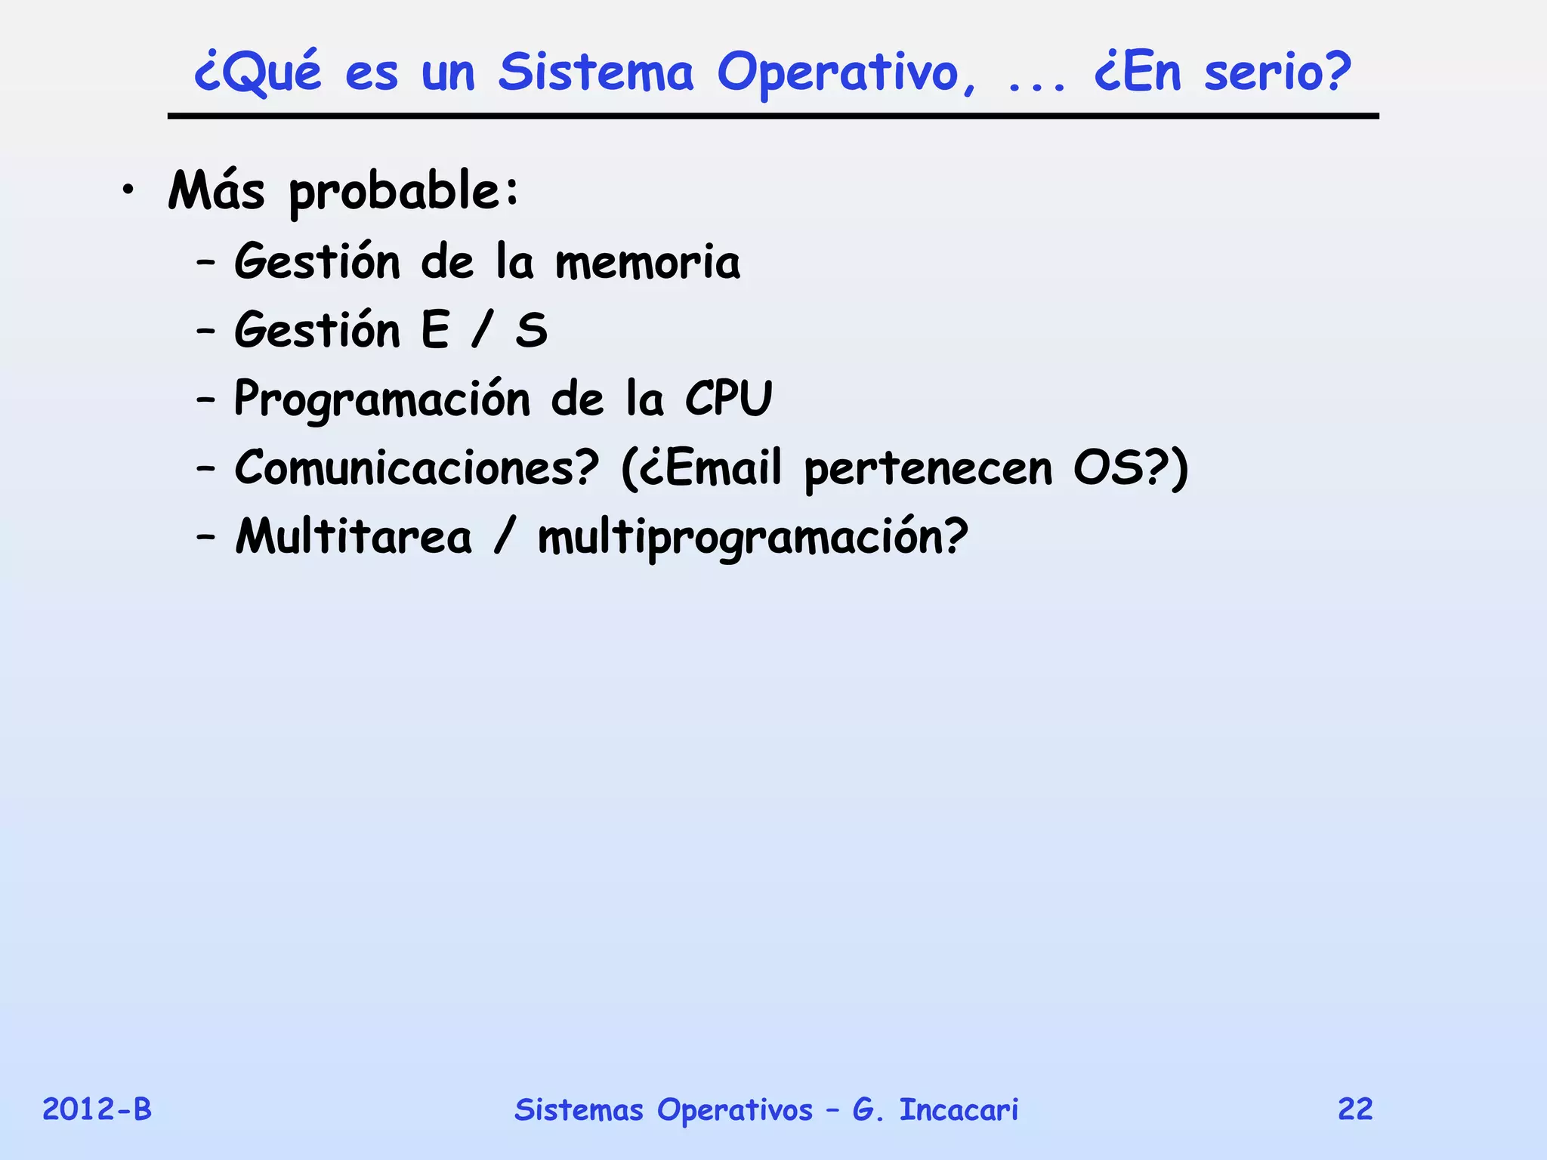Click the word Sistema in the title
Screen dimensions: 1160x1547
point(595,73)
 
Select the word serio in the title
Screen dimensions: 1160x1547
point(1277,73)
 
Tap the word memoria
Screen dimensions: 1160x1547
point(647,262)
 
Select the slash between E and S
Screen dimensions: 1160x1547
point(482,331)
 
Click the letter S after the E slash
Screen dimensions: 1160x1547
point(531,331)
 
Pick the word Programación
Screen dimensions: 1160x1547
point(381,400)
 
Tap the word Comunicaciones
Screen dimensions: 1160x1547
point(416,467)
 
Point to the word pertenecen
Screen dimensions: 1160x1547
point(928,469)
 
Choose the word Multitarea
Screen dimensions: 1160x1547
point(353,536)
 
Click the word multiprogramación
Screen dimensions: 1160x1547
point(752,538)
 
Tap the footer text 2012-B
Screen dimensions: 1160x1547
point(97,1109)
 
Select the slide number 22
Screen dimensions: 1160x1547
point(1355,1109)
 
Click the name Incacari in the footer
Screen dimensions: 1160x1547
point(959,1109)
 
